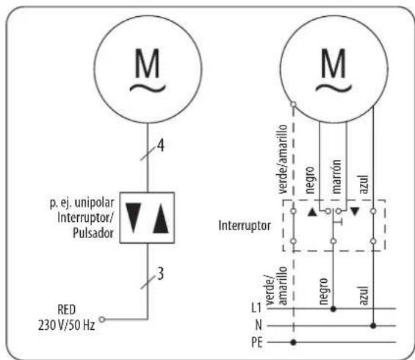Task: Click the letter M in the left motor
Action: [x=147, y=62]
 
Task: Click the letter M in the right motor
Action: [x=333, y=62]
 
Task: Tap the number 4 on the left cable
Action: [x=161, y=145]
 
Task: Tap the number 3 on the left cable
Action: [x=160, y=273]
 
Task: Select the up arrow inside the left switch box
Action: [x=161, y=218]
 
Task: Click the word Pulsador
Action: [x=93, y=233]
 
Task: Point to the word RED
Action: [x=66, y=310]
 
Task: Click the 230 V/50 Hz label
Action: [x=66, y=325]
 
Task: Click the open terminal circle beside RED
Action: [x=102, y=320]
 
